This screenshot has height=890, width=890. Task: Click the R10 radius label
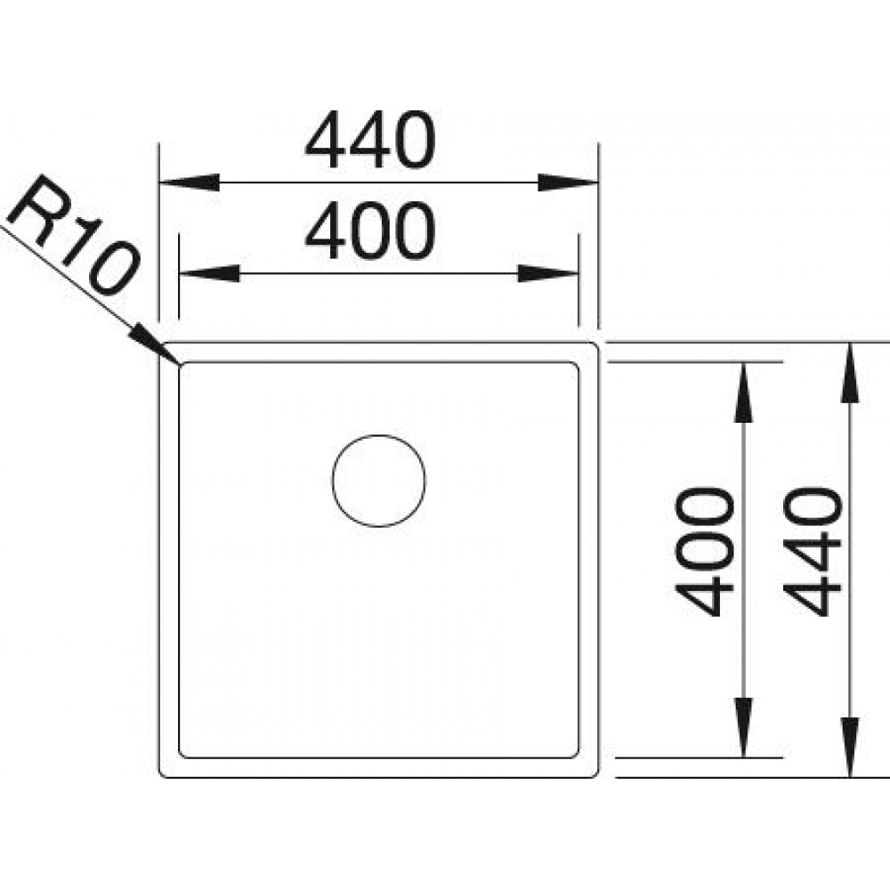coord(74,236)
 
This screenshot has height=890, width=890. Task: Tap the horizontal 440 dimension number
coord(370,141)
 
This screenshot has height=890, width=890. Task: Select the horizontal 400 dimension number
coord(370,231)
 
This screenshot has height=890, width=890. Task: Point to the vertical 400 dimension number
coord(704,552)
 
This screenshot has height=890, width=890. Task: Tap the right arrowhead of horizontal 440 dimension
coord(568,182)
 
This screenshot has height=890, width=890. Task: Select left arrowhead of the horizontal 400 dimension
coord(209,273)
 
